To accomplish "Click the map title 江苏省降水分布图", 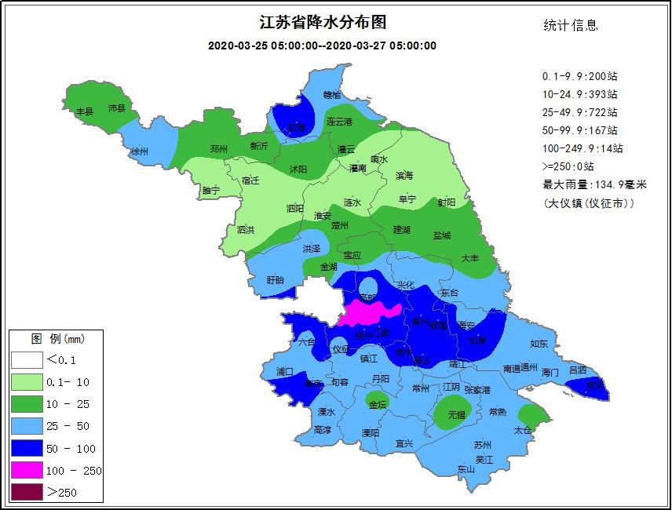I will coord(323,23).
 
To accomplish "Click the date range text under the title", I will coord(323,46).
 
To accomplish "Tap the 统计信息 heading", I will coord(571,25).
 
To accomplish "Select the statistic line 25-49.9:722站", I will coord(579,112).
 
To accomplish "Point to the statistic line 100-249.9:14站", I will coord(582,148).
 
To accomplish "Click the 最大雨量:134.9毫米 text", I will coord(594,184).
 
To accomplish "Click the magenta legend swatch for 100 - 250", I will coord(27,471).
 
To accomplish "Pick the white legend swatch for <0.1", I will coord(27,360).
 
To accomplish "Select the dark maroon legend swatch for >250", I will coord(27,493).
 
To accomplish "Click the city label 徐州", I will coord(139,151).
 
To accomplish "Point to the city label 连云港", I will coord(339,122).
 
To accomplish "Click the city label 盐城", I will coord(442,235).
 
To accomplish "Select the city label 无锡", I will coord(456,414).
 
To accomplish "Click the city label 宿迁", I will coord(250,180).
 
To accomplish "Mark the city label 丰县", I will coord(84,111).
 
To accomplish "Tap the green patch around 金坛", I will coord(378,404).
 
